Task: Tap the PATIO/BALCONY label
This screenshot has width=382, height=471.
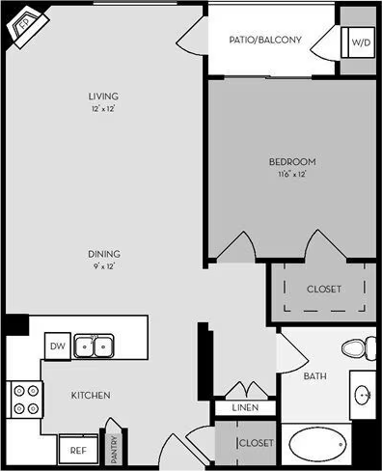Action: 265,41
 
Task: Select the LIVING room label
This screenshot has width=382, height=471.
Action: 103,97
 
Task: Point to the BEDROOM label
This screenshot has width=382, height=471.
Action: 291,162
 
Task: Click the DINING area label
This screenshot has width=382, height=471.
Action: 102,255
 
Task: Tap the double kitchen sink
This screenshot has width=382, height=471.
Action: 95,345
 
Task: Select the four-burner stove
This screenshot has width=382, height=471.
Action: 26,401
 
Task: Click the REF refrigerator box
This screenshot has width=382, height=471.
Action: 77,450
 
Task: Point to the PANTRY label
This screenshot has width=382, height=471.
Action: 113,445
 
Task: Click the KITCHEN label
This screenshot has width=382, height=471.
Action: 91,396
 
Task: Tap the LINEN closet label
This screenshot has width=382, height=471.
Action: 245,408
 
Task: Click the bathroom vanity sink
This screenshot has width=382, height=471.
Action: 364,395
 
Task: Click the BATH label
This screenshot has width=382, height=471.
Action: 314,376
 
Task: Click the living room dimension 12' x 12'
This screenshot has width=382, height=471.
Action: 103,110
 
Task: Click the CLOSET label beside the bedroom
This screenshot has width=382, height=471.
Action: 324,289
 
